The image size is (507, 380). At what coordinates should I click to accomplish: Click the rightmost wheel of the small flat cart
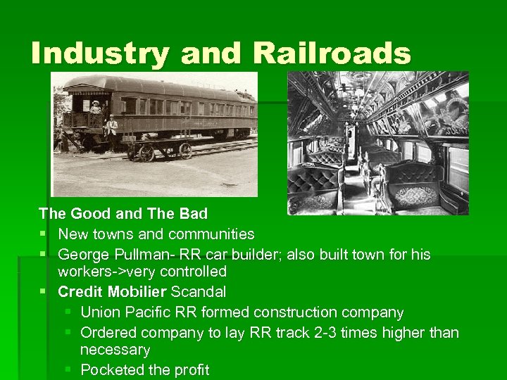tap(185, 151)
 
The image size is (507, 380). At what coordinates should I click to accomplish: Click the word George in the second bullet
tap(81, 253)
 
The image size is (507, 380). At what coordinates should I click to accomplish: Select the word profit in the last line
tap(189, 369)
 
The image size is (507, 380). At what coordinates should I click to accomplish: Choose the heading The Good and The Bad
tap(123, 213)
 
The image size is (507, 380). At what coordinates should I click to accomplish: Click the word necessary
tap(115, 349)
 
